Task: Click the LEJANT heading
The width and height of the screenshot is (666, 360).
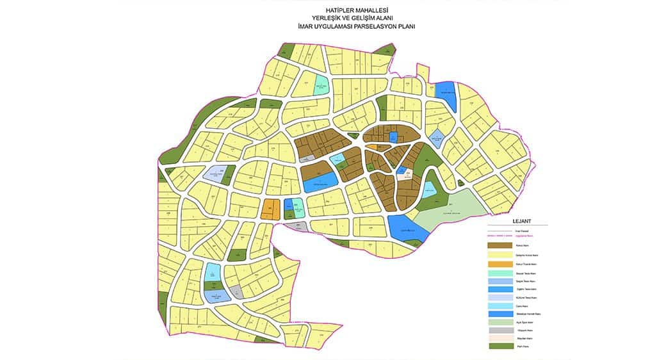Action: pyautogui.click(x=522, y=222)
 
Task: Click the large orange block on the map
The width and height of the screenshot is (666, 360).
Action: pyautogui.click(x=270, y=209)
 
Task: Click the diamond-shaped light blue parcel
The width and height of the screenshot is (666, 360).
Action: pyautogui.click(x=437, y=135)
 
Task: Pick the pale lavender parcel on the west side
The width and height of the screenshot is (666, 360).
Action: pyautogui.click(x=215, y=174)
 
